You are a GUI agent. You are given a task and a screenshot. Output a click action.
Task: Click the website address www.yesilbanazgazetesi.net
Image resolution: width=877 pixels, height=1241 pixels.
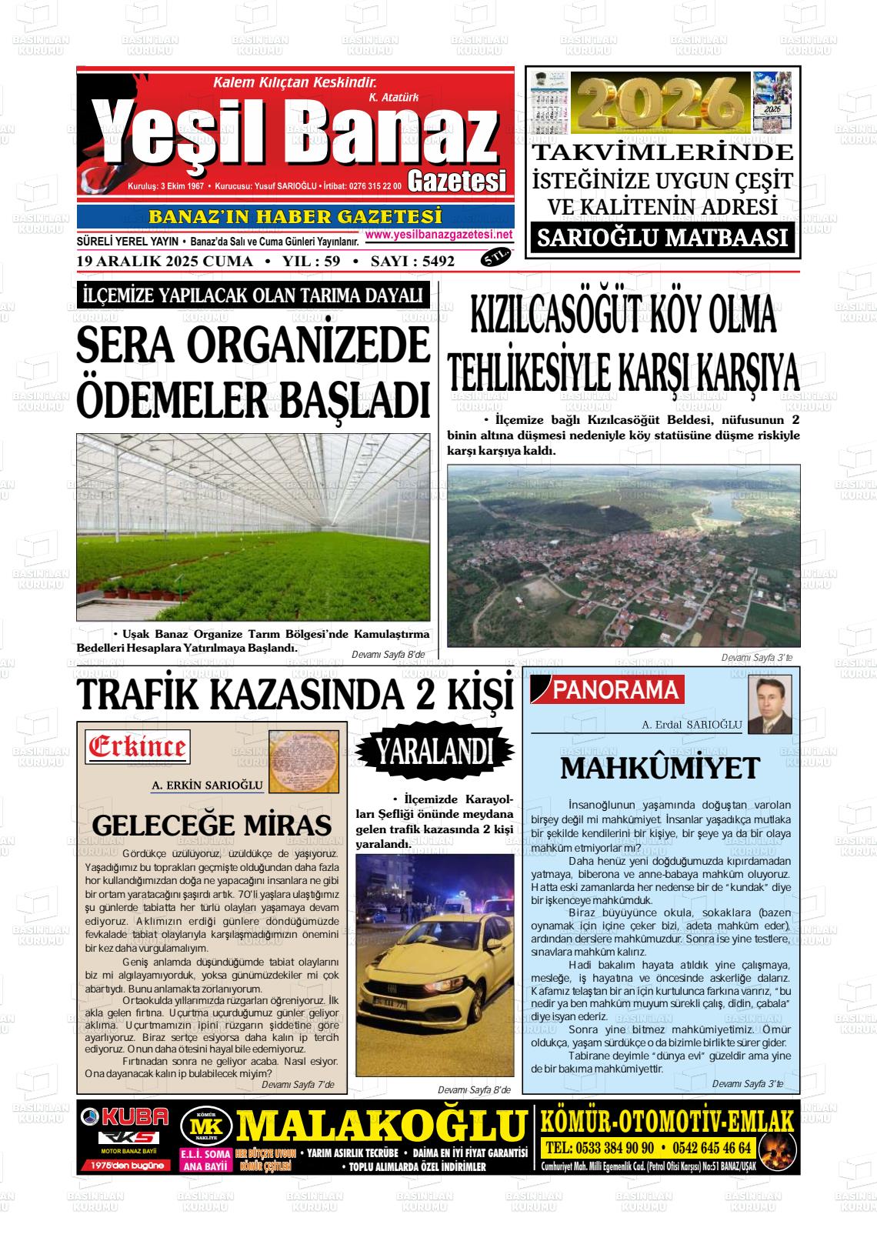(x=438, y=235)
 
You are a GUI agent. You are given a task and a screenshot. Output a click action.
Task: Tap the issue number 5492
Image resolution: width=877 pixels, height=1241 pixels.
(x=432, y=262)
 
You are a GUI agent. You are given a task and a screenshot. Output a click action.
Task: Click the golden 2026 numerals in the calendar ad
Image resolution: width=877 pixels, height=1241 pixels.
(x=663, y=103)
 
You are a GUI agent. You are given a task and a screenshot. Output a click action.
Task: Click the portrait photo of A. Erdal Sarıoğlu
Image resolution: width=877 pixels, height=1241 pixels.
(x=770, y=705)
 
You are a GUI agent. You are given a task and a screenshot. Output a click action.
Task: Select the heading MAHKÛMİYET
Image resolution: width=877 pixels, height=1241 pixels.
(x=660, y=768)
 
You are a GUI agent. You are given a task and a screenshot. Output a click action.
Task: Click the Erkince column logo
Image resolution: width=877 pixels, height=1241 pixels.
(x=138, y=746)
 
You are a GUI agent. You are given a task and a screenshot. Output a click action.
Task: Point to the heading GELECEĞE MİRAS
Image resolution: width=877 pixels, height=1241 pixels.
(x=212, y=826)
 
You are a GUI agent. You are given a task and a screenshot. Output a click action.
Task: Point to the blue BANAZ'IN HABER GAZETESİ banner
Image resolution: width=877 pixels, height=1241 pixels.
(x=295, y=217)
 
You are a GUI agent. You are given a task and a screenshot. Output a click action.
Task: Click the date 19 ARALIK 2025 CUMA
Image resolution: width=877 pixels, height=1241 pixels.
(x=165, y=262)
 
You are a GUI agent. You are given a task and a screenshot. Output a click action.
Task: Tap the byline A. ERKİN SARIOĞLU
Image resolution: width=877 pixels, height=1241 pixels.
(x=208, y=786)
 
